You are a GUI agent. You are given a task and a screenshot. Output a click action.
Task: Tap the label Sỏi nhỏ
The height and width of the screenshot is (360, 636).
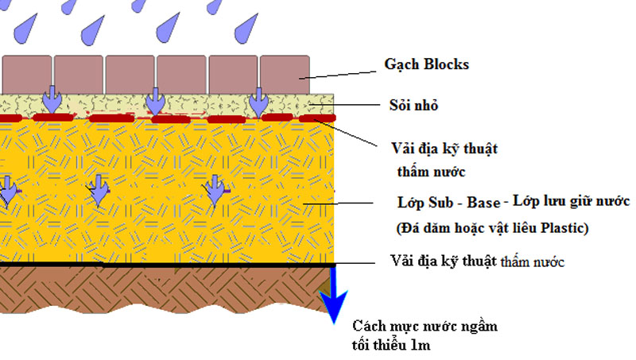pyautogui.click(x=413, y=106)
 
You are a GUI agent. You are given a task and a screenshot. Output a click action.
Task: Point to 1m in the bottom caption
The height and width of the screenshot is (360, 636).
pyautogui.click(x=421, y=345)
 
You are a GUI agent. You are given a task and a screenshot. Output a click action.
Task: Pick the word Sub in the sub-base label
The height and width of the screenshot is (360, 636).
pyautogui.click(x=439, y=203)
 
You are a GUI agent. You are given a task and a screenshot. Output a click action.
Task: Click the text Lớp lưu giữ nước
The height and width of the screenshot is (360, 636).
pyautogui.click(x=571, y=201)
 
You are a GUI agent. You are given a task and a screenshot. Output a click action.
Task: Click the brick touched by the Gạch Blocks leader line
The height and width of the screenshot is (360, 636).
pyautogui.click(x=285, y=75)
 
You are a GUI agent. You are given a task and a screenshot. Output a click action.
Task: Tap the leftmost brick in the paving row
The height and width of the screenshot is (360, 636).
pyautogui.click(x=27, y=75)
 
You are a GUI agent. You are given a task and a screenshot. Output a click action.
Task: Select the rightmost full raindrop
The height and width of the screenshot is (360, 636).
pyautogui.click(x=246, y=29)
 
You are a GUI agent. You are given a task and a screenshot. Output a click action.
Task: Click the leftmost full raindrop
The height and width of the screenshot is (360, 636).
pyautogui.click(x=25, y=29)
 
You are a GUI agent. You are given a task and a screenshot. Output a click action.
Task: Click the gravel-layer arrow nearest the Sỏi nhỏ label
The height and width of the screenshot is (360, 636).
pyautogui.click(x=258, y=102)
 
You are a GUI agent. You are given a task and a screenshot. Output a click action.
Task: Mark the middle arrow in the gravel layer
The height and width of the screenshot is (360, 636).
pyautogui.click(x=155, y=102)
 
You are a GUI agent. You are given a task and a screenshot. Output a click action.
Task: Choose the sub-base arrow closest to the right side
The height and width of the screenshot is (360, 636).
pyautogui.click(x=215, y=190)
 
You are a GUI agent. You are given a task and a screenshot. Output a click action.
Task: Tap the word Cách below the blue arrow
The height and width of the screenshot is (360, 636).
pyautogui.click(x=366, y=326)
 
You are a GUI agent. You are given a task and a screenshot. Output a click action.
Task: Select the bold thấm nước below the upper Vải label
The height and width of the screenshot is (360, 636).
pyautogui.click(x=431, y=172)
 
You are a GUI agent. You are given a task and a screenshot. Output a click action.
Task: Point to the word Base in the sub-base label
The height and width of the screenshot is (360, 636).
pyautogui.click(x=483, y=203)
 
